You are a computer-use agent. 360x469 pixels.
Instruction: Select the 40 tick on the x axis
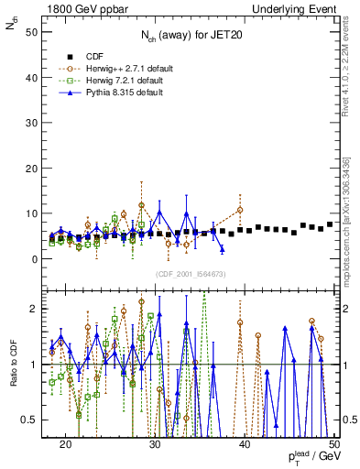[x=245, y=444]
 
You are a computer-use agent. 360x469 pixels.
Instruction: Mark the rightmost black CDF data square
[x=330, y=224]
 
